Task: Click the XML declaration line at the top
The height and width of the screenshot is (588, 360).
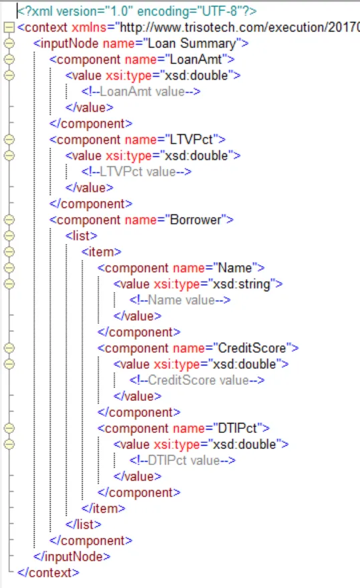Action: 137,11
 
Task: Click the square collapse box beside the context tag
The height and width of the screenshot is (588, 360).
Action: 9,27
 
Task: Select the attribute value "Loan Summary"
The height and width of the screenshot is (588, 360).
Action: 192,43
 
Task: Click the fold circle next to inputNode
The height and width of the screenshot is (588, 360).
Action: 9,43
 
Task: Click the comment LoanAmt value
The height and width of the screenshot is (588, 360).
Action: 141,92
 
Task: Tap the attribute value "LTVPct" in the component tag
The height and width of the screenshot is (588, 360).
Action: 192,140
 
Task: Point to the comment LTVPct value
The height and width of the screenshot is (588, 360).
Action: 136,172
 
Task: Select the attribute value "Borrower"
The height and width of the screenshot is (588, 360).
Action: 196,220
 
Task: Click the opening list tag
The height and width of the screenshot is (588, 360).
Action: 81,236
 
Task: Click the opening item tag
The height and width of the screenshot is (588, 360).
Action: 102,252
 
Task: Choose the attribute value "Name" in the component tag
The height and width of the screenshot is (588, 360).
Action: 234,268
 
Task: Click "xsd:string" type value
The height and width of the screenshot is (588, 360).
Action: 242,284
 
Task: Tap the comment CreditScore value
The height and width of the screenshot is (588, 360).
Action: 197,380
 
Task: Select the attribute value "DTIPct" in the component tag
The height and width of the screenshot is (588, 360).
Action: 237,428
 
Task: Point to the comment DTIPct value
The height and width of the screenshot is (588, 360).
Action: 182,460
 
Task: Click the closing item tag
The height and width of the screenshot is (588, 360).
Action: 104,508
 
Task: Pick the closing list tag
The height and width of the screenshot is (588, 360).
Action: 83,525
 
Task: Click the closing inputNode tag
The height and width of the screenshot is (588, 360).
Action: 72,557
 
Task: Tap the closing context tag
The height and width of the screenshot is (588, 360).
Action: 48,573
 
